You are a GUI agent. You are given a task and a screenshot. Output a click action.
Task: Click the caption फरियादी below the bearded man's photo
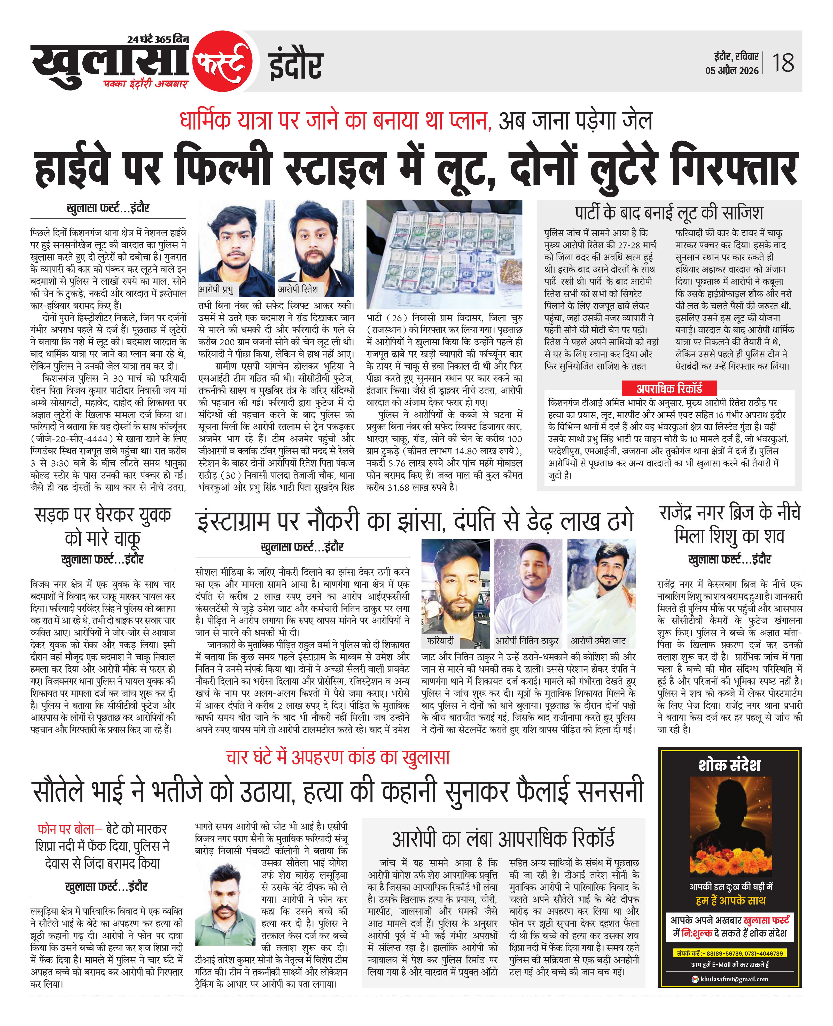[440, 641]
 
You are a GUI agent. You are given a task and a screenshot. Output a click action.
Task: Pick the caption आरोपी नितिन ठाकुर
[527, 641]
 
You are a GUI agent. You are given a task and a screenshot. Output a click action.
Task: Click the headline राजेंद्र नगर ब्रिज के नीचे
[729, 513]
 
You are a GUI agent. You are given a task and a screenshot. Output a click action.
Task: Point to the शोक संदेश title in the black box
[729, 765]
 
